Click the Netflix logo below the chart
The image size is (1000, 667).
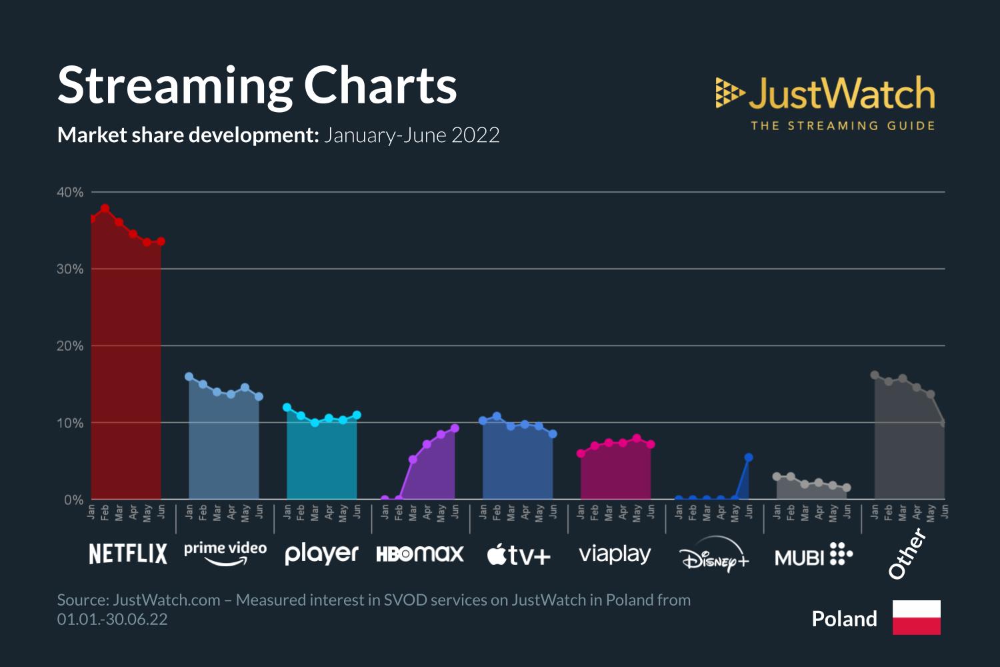(x=128, y=554)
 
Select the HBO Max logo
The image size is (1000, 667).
(x=420, y=554)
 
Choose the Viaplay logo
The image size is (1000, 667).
(x=615, y=554)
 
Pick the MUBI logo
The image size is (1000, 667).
(x=813, y=555)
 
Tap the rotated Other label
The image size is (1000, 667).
(x=908, y=554)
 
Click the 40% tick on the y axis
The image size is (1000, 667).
(x=70, y=192)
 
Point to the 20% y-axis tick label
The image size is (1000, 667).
(x=70, y=346)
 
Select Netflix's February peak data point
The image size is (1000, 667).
(x=105, y=209)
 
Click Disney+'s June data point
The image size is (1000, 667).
(x=749, y=457)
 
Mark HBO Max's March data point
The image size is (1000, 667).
(x=413, y=459)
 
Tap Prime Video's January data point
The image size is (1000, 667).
(x=189, y=376)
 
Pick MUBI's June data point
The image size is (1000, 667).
(x=847, y=488)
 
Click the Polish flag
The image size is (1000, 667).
(x=917, y=618)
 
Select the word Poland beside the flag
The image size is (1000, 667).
(x=844, y=619)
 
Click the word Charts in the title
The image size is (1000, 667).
(x=381, y=85)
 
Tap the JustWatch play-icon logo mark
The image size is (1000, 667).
(x=730, y=93)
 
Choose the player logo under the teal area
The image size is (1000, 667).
(x=321, y=554)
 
